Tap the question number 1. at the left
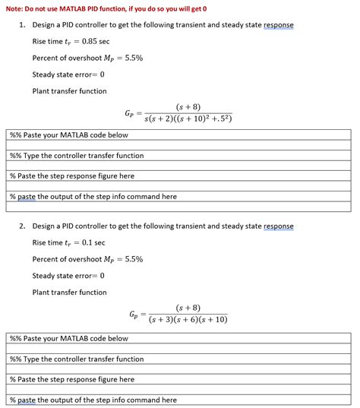click(x=23, y=25)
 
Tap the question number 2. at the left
click(x=23, y=226)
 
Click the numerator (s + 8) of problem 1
click(x=188, y=107)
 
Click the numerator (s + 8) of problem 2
click(x=188, y=308)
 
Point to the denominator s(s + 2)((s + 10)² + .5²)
click(x=188, y=120)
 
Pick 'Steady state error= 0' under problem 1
click(x=68, y=74)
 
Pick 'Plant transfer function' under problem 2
click(x=70, y=292)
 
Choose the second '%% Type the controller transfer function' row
click(x=76, y=359)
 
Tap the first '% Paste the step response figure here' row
click(x=71, y=176)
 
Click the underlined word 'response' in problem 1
click(x=278, y=25)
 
